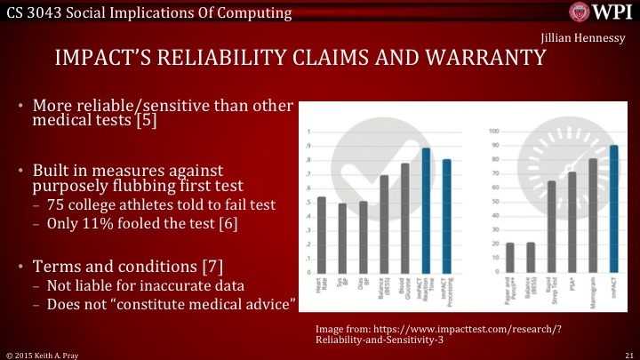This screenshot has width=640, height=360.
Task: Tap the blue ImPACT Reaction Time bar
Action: click(x=426, y=210)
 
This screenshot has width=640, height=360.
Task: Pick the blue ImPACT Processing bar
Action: click(x=447, y=216)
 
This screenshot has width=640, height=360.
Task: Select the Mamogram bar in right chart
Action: click(x=593, y=215)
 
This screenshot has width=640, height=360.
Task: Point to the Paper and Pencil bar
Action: click(x=509, y=258)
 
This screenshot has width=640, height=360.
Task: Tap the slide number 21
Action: click(x=628, y=354)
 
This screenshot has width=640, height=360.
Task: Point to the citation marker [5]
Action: click(x=147, y=121)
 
